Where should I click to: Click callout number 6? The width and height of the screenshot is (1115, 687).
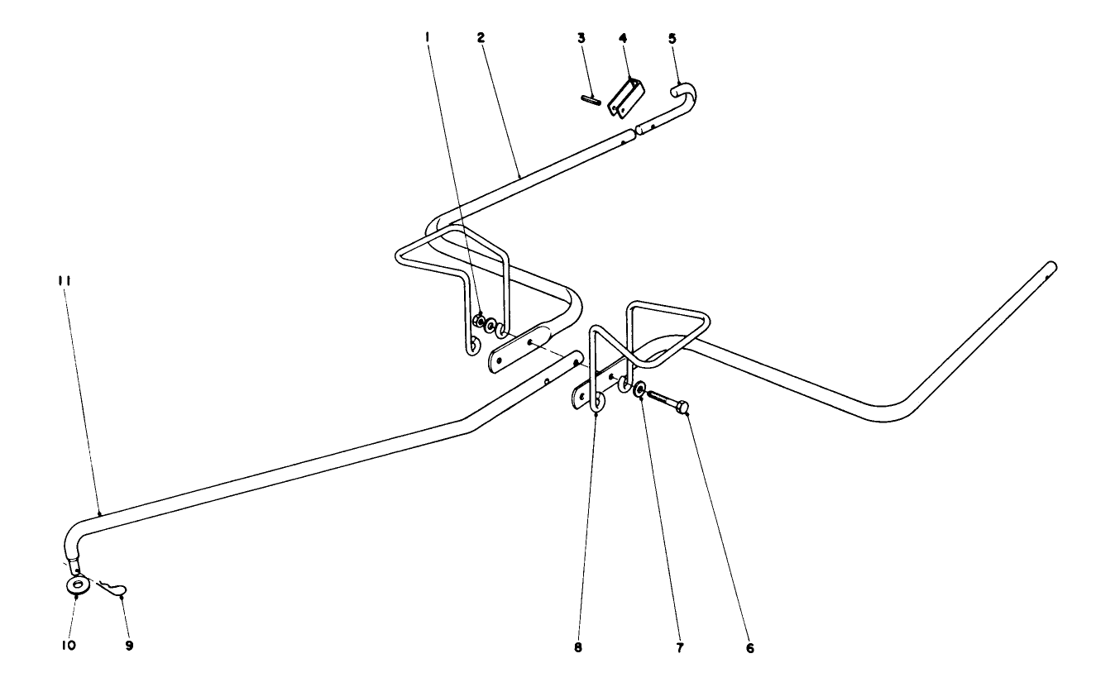(x=749, y=648)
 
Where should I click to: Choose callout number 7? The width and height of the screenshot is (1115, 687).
(x=680, y=648)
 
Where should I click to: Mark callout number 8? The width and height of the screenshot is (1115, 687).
(x=578, y=648)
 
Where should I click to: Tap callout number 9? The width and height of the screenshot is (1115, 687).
(x=129, y=644)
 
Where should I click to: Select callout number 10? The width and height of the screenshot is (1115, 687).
(x=68, y=644)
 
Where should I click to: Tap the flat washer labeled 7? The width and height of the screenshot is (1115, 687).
(x=641, y=387)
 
